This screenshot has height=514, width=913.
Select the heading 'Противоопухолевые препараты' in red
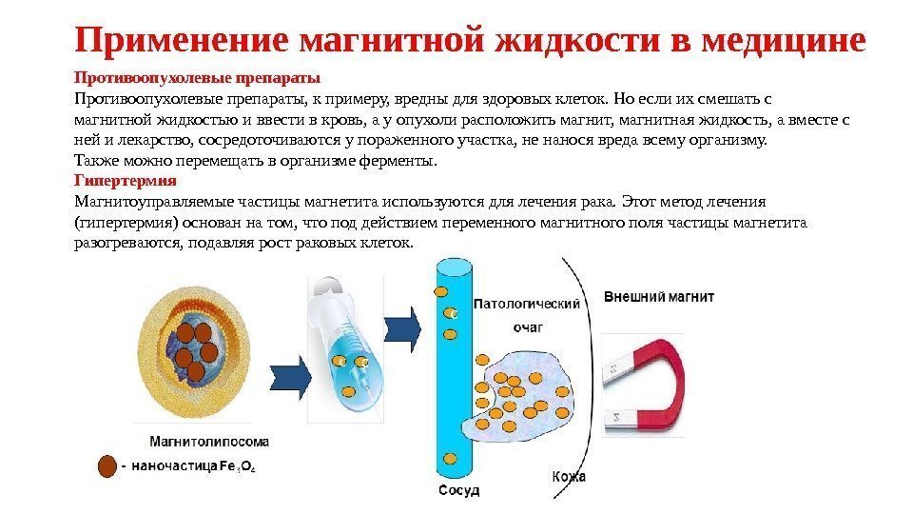pyautogui.click(x=197, y=77)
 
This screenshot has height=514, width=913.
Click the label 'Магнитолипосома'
pyautogui.click(x=209, y=441)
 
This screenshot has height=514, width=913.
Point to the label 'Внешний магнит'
pyautogui.click(x=659, y=297)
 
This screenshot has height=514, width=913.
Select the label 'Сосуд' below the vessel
pyautogui.click(x=458, y=491)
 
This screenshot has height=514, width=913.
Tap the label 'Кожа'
pyautogui.click(x=569, y=476)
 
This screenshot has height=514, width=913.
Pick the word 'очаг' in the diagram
pyautogui.click(x=528, y=326)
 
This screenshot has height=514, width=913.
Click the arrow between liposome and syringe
pyautogui.click(x=291, y=378)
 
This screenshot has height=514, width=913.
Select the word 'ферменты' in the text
pyautogui.click(x=398, y=161)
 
